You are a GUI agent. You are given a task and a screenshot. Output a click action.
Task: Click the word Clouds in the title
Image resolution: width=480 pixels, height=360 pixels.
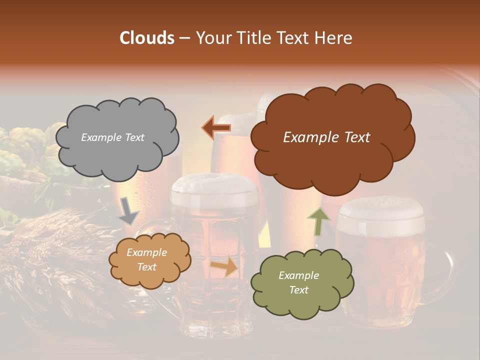147,38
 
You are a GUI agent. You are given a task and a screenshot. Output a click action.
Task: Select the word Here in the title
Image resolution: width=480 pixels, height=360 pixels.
334,38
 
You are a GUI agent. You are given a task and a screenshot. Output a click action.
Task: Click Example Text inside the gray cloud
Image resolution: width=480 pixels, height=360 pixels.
112,137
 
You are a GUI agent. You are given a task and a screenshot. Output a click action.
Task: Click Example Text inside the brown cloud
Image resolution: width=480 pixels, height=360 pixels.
326,137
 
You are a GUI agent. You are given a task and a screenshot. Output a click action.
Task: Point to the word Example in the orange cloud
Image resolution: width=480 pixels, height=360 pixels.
146,252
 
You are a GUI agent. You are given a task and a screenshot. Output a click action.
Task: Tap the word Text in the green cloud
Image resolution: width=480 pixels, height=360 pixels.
298,290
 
